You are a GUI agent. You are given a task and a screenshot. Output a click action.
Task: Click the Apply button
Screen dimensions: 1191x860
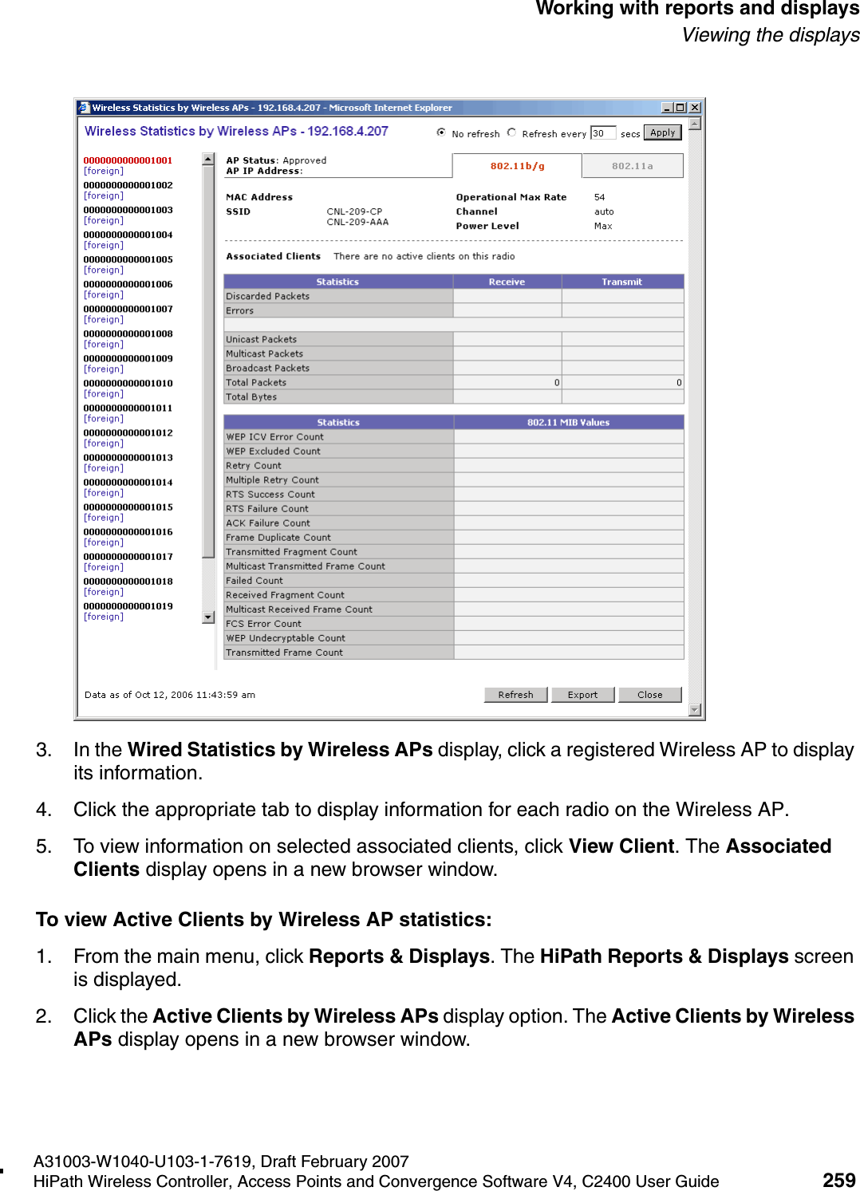[x=662, y=133]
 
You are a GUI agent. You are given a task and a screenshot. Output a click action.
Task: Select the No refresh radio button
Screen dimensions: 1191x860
[x=441, y=132]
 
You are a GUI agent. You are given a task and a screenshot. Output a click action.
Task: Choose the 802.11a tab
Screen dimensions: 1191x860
[x=632, y=166]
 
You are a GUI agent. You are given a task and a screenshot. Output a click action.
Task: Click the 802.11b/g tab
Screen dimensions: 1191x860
[x=517, y=166]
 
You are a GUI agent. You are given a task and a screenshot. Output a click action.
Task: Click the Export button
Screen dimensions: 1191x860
[x=582, y=695]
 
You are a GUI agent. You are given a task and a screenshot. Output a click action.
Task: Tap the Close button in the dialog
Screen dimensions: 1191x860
[x=649, y=695]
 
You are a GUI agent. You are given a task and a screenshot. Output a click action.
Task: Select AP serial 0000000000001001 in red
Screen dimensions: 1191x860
[x=128, y=160]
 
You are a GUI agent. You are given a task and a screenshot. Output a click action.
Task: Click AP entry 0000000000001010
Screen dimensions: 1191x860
[x=128, y=383]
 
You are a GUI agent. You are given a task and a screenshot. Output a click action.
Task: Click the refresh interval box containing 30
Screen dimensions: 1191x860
[x=602, y=133]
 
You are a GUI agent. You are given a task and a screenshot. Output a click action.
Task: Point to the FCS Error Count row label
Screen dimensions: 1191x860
[x=263, y=624]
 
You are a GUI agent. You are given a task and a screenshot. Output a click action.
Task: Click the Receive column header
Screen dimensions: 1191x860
[x=507, y=282]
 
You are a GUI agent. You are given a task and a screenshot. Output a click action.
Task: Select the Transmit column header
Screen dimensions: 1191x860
[x=621, y=282]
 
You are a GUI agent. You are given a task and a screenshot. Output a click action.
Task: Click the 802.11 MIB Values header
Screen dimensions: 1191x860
[x=568, y=423]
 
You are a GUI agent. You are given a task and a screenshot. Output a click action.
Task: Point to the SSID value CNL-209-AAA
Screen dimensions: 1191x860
[x=357, y=223]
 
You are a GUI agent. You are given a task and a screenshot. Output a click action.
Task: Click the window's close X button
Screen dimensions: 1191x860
[x=695, y=108]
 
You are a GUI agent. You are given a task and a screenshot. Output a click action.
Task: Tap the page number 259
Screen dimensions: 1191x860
[x=838, y=1180]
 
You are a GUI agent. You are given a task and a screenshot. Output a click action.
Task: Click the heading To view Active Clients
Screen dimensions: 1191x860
[x=263, y=920]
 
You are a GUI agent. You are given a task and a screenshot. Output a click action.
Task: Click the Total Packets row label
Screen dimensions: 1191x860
[x=256, y=383]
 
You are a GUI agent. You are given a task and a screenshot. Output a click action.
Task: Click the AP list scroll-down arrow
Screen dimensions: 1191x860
[x=208, y=617]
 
